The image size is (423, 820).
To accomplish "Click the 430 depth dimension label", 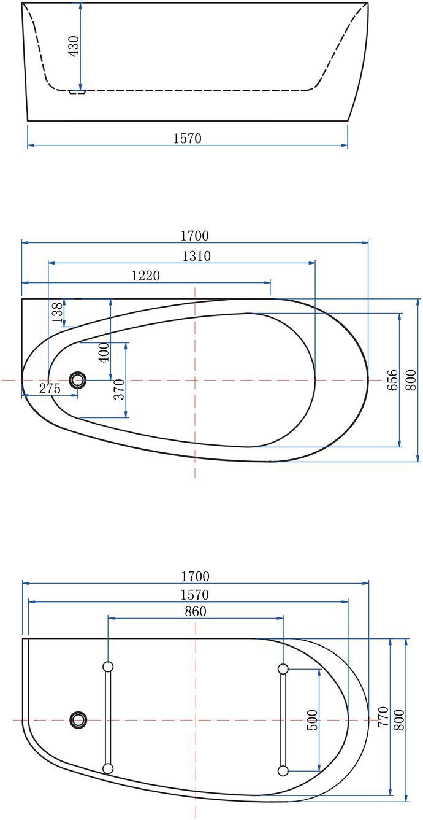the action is (x=74, y=46).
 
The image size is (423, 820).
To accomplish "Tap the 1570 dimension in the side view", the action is (x=187, y=138).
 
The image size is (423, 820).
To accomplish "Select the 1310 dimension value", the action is (x=197, y=256).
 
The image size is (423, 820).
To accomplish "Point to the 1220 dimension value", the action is (x=146, y=276).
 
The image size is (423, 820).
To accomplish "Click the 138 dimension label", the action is (x=57, y=312).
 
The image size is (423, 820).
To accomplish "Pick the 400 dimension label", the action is (x=104, y=352).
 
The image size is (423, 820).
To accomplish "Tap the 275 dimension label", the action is (x=50, y=388).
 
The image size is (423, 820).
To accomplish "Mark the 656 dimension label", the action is (x=392, y=380).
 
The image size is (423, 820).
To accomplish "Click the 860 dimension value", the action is (x=196, y=611).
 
